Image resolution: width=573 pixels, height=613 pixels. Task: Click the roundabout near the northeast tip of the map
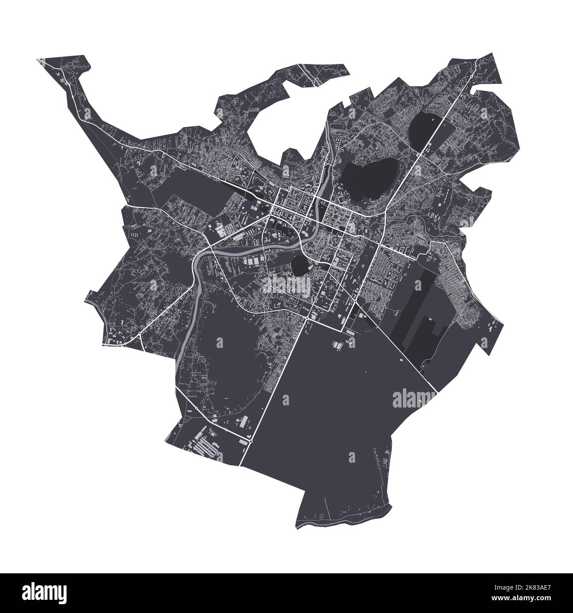(x=471, y=75)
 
